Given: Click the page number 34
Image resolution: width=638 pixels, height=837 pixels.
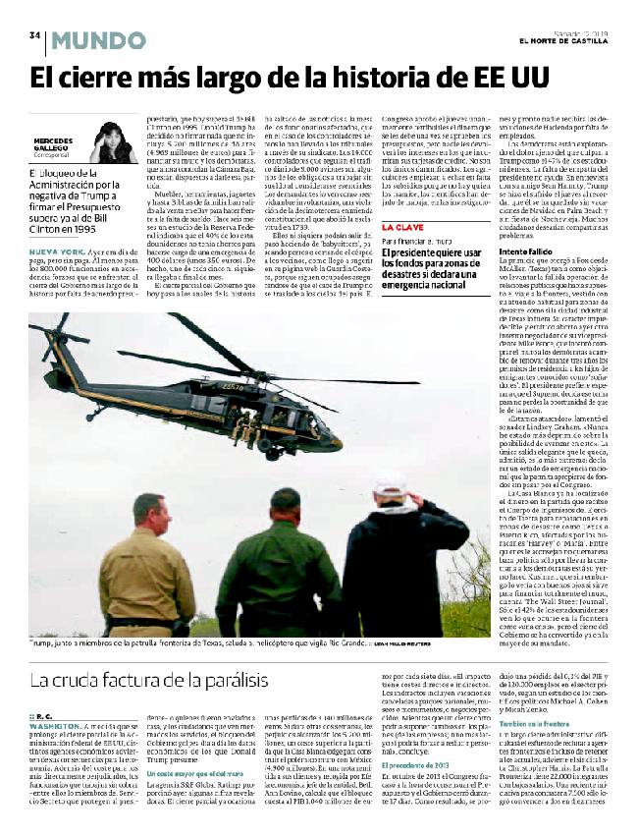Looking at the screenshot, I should tap(34, 35).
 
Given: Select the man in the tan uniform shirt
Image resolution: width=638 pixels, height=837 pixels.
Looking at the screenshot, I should tap(147, 570).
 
